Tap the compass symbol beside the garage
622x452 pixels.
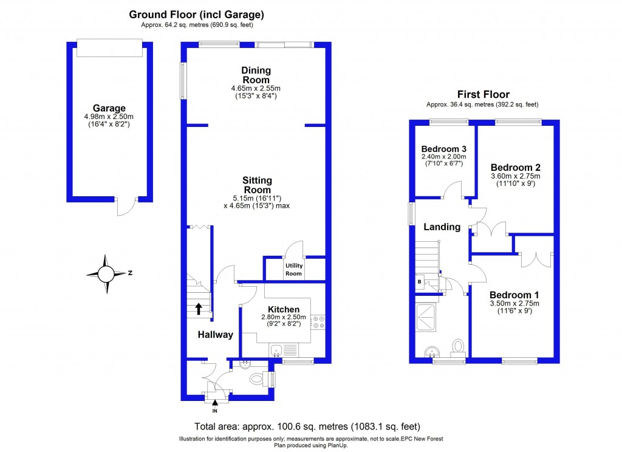pyautogui.click(x=106, y=273)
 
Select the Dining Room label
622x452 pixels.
pyautogui.click(x=256, y=75)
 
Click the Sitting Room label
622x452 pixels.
pyautogui.click(x=257, y=185)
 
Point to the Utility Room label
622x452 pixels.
pyautogui.click(x=293, y=270)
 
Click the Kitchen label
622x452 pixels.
pyautogui.click(x=279, y=310)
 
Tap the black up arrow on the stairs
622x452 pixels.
pyautogui.click(x=199, y=309)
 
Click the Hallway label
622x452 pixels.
pyautogui.click(x=215, y=334)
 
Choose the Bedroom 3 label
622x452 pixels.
pyautogui.click(x=443, y=149)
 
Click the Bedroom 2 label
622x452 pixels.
pyautogui.click(x=515, y=167)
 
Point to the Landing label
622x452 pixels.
pyautogui.click(x=442, y=227)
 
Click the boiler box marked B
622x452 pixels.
pyautogui.click(x=420, y=282)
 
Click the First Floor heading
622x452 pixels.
pyautogui.click(x=483, y=94)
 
